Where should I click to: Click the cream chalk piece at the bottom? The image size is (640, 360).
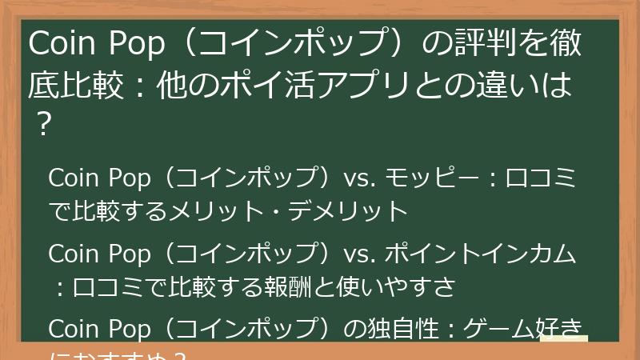click(564, 340)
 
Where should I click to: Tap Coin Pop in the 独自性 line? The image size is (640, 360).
click(99, 329)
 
